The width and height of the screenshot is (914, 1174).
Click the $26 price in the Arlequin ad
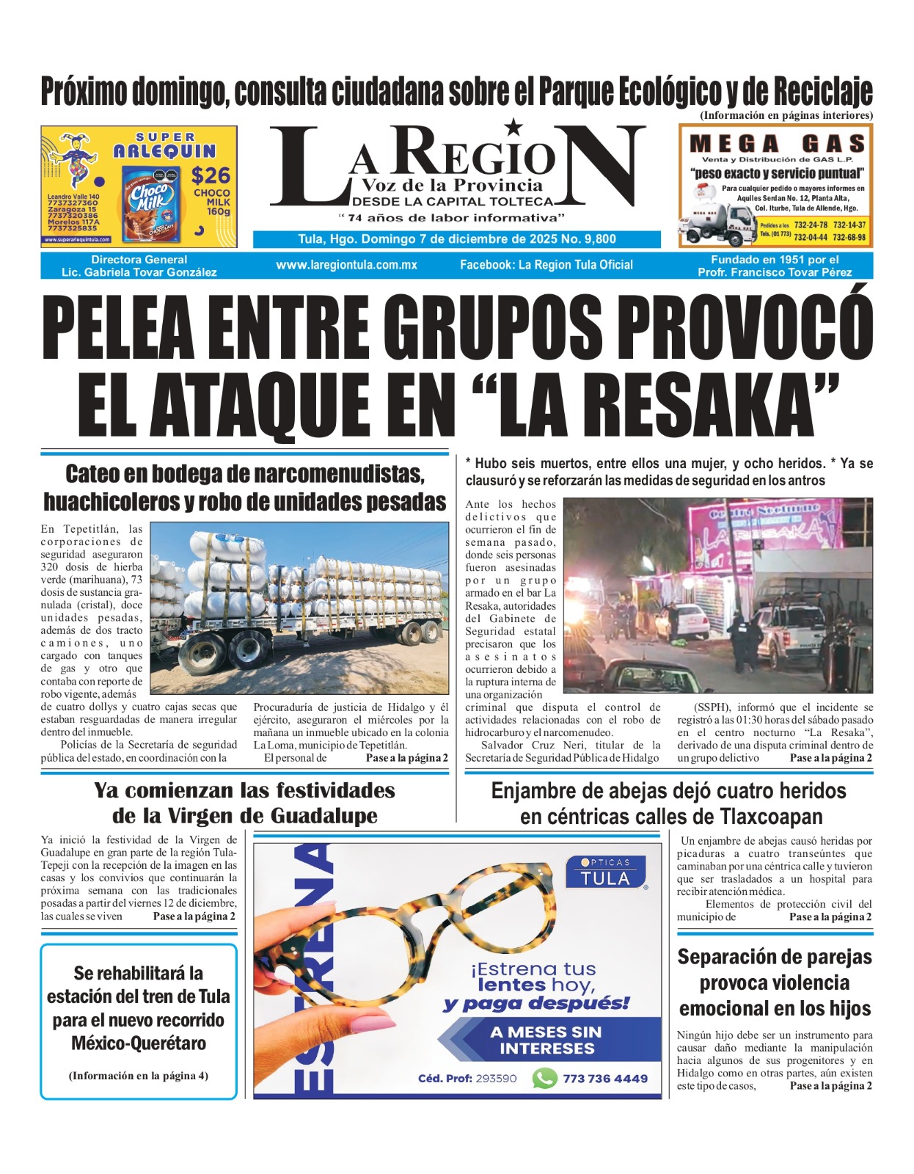(211, 176)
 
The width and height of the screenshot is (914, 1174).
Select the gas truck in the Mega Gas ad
(717, 221)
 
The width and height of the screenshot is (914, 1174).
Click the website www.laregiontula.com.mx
(346, 265)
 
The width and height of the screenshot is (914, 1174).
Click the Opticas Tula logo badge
(605, 873)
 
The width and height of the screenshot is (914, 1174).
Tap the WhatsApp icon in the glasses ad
(544, 1078)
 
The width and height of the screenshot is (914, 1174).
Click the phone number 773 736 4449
(605, 1079)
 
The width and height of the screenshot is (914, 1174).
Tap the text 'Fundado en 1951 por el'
(775, 260)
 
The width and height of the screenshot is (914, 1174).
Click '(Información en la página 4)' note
(139, 1076)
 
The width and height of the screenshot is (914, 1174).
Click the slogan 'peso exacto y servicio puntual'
(777, 174)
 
